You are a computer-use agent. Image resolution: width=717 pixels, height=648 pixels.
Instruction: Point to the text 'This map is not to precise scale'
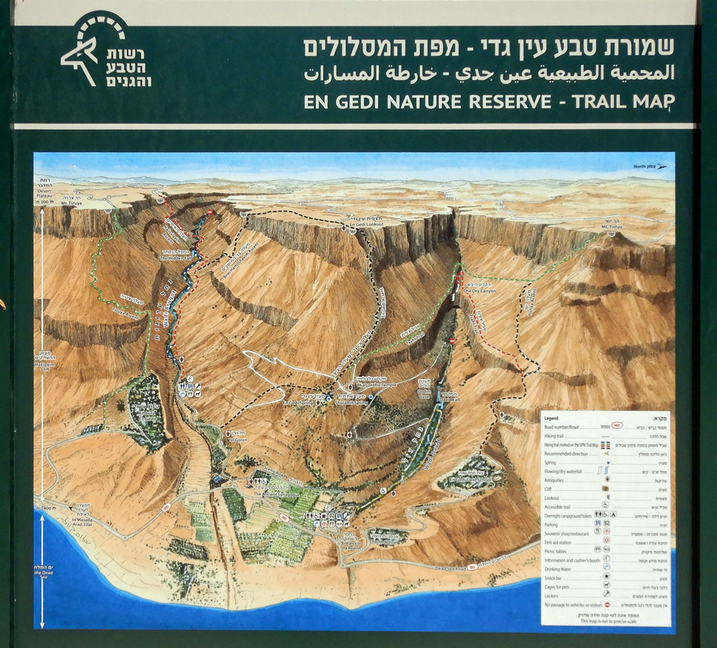[606, 621]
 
